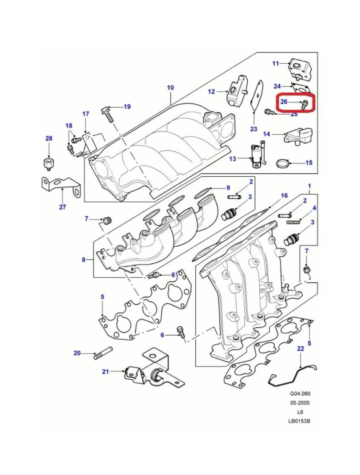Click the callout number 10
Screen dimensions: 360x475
(170, 88)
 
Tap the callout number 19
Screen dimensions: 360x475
(127, 107)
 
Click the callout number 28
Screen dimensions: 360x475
(49, 138)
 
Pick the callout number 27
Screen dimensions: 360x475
(62, 207)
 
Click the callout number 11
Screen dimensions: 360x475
(275, 63)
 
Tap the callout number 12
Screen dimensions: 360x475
(211, 91)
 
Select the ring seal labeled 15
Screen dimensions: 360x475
(283, 163)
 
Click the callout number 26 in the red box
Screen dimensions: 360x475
(284, 101)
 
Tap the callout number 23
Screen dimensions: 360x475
(254, 129)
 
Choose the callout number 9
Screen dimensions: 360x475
(228, 187)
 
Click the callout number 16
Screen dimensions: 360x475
(284, 195)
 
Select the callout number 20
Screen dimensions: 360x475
(77, 353)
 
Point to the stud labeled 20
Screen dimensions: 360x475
(103, 356)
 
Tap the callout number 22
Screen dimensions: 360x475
(301, 348)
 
